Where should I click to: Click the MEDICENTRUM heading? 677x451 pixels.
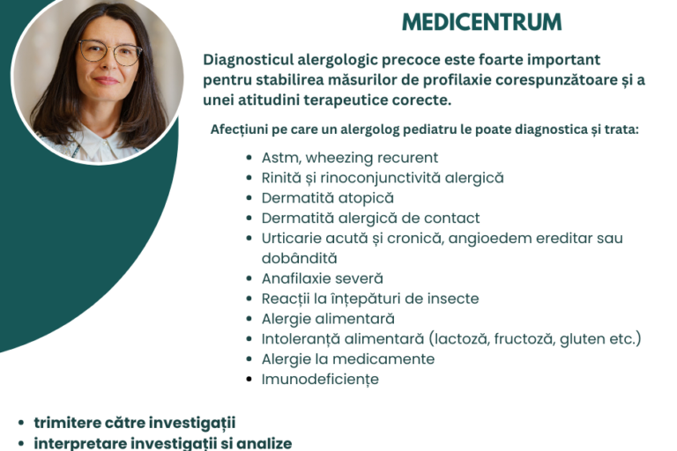[x=480, y=20]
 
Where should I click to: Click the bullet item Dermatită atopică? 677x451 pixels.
[x=327, y=198]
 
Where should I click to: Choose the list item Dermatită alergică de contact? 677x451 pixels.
[x=370, y=218]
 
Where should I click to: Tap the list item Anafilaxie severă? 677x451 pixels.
[x=322, y=278]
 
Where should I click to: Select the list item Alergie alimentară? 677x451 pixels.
[x=328, y=319]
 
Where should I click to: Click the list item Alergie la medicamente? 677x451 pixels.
[x=347, y=359]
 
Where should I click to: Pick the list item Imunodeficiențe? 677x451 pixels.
[x=320, y=380]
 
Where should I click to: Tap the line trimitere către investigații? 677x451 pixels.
[x=134, y=423]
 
